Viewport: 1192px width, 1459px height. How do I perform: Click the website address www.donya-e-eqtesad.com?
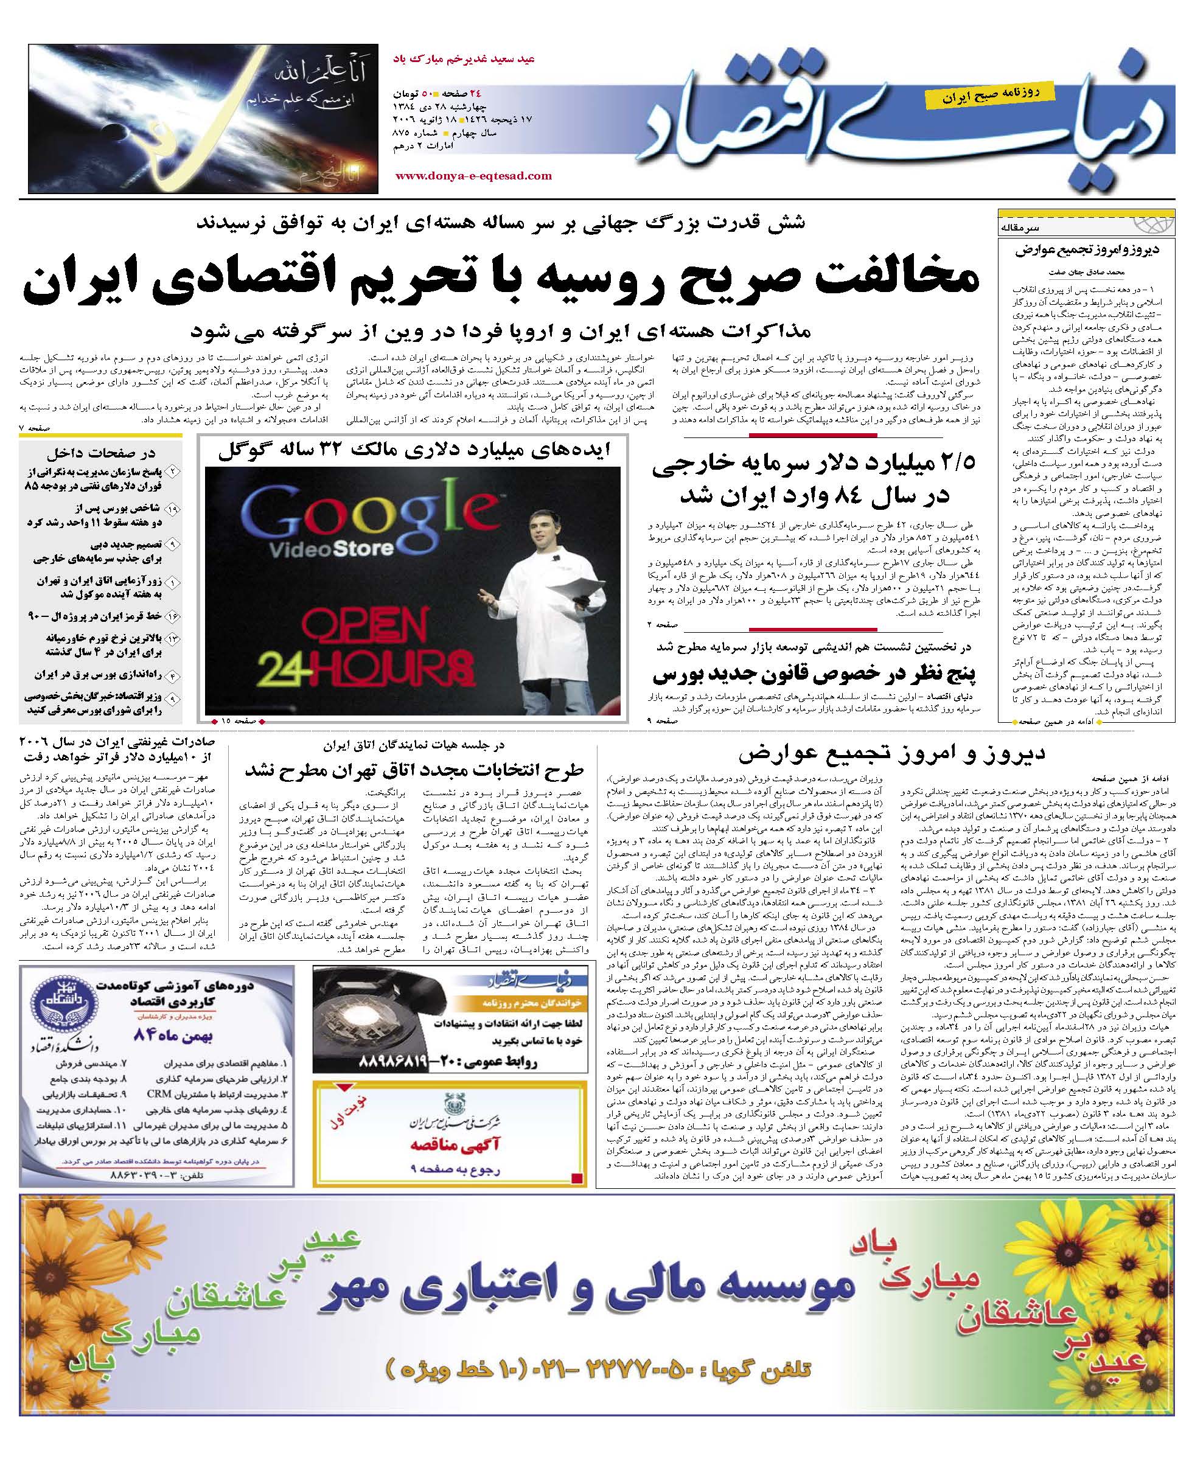coord(473,176)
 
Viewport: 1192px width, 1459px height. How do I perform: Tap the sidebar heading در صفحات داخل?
coord(101,453)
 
